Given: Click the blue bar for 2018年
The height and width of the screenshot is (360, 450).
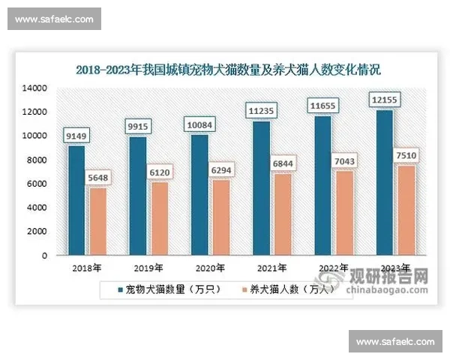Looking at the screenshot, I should coord(76,200).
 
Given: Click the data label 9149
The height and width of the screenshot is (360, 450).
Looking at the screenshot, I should coord(78,136).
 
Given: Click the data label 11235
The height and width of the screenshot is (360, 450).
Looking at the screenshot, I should coord(262,111).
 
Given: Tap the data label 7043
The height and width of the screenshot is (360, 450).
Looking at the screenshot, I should coord(343,161).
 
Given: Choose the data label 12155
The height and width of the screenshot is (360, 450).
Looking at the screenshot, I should coord(385,100).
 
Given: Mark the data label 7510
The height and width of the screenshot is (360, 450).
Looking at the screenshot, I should coord(405,155).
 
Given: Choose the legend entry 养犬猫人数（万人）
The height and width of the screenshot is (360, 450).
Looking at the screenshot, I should coord(292,289).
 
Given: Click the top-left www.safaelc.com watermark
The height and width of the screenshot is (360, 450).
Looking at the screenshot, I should coord(54,19).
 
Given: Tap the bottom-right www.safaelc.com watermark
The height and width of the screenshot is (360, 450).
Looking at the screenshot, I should coord(395,342).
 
